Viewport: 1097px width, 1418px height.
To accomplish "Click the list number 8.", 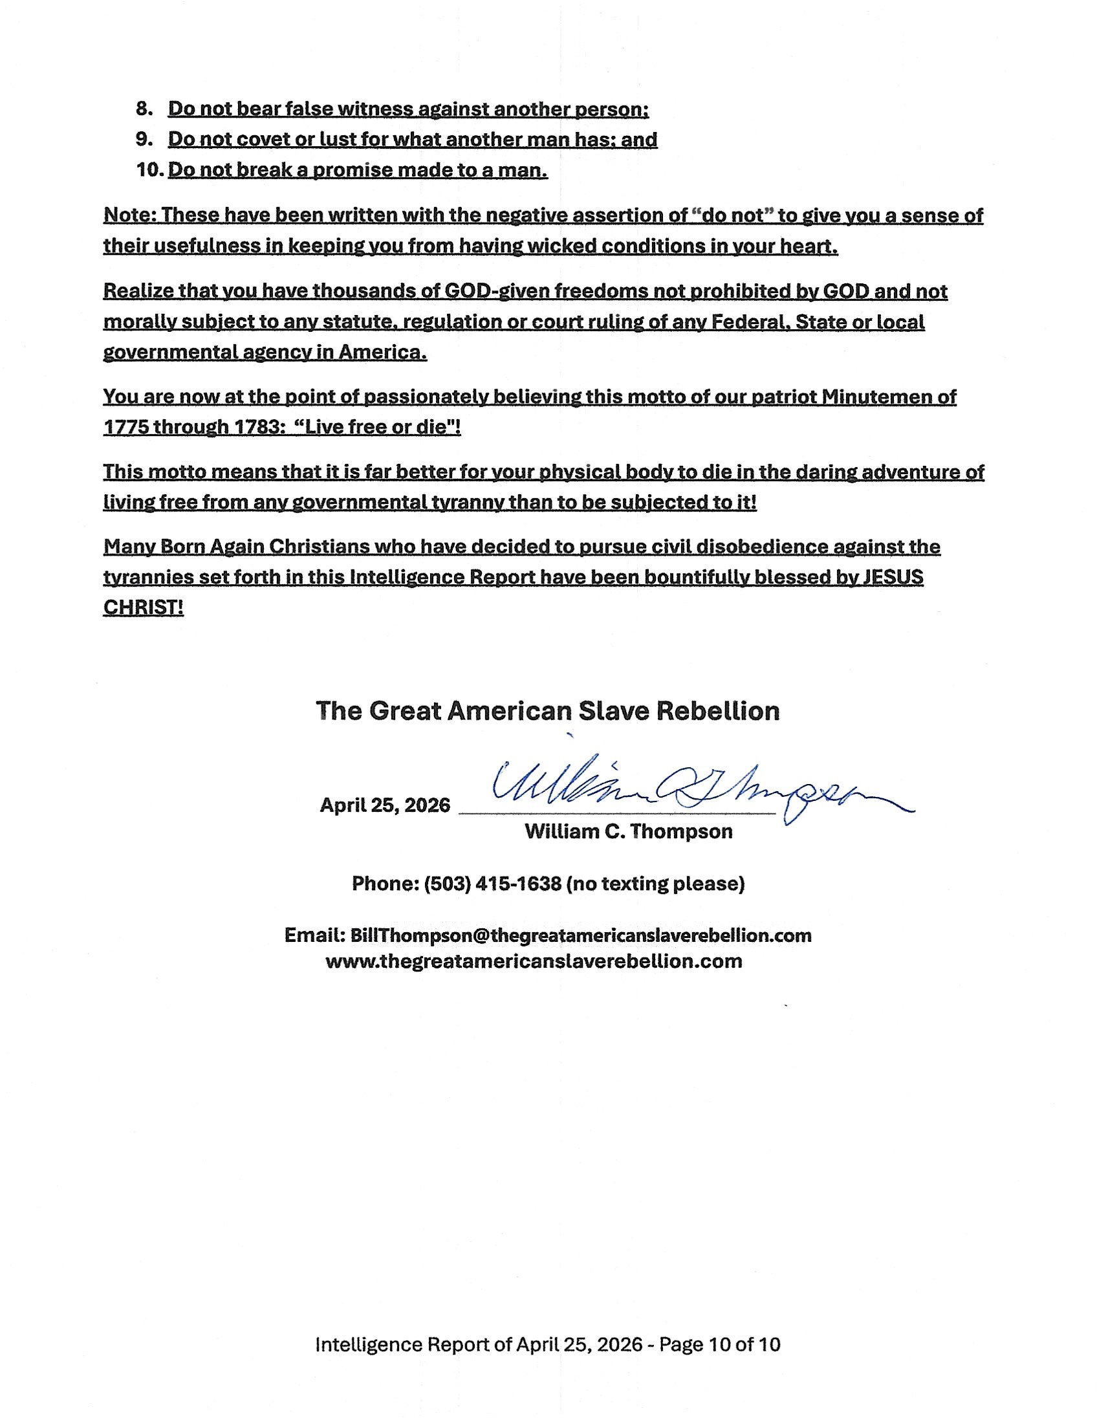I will [x=143, y=109].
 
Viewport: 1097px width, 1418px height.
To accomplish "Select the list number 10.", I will [x=149, y=170].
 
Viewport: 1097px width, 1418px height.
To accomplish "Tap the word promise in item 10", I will [x=351, y=170].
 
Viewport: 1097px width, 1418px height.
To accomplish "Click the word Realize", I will [x=138, y=291].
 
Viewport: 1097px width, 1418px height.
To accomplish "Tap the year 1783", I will [x=252, y=427].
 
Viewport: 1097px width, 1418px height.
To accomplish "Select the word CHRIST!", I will [x=144, y=607].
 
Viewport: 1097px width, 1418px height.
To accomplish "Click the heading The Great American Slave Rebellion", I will [x=548, y=711].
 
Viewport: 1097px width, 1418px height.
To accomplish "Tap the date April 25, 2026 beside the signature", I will [x=385, y=806].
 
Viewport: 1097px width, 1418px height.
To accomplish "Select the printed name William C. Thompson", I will [x=628, y=832].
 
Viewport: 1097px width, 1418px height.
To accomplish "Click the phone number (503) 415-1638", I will [x=493, y=884].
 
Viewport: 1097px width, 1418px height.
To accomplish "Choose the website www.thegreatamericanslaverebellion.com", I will [x=534, y=961].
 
